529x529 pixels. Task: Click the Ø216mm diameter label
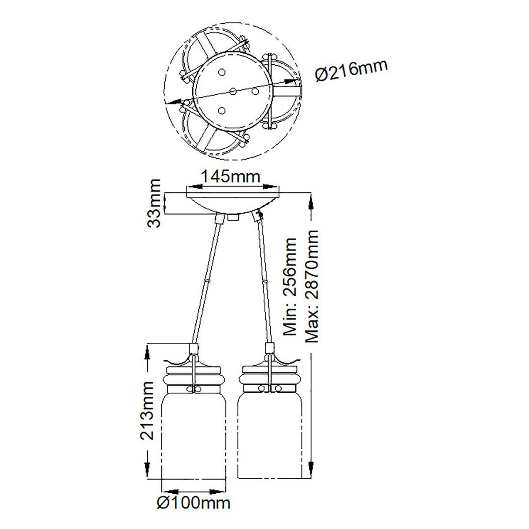point(352,70)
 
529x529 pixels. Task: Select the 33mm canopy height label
point(153,203)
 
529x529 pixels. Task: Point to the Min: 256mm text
point(290,287)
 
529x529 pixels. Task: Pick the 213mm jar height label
point(147,414)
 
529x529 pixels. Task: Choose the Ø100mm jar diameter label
point(194,510)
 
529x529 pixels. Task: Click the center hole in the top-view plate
point(233,91)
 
